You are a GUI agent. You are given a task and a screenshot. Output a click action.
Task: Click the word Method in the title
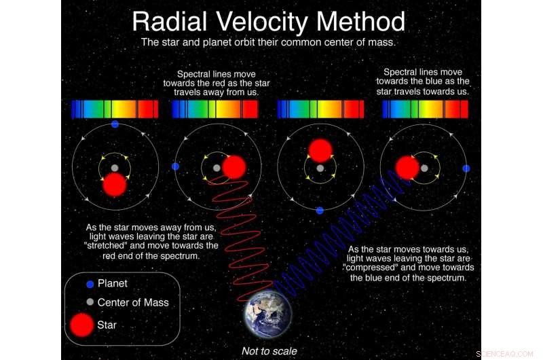pos(360,22)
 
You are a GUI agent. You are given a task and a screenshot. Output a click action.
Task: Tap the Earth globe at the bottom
pos(268,314)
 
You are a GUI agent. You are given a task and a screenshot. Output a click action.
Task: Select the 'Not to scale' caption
pos(269,351)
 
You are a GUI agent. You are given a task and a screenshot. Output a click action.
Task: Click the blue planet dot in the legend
pos(90,284)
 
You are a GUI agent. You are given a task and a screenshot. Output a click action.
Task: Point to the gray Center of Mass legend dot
pos(90,302)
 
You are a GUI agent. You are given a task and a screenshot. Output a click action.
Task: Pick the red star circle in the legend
pos(81,325)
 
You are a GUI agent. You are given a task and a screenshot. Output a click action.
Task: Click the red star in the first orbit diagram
pos(115,185)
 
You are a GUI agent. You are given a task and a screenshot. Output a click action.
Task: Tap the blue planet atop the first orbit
pos(115,124)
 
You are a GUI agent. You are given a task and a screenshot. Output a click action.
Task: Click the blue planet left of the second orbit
pos(176,166)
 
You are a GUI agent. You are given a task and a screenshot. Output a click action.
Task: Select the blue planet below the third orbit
pos(320,211)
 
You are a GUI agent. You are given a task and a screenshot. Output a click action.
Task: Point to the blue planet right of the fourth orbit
pos(466,168)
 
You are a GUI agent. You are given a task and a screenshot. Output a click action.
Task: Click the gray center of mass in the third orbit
pos(320,168)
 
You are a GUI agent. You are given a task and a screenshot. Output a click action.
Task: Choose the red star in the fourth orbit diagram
pos(408,168)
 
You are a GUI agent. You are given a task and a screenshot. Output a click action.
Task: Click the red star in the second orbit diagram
pos(234,167)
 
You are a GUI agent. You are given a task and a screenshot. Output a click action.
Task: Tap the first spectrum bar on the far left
pos(115,109)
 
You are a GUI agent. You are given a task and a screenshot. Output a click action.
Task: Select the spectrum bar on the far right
pos(426,109)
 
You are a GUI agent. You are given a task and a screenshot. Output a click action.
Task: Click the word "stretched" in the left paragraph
pos(105,246)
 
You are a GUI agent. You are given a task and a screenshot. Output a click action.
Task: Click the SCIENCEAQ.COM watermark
pos(504,354)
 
